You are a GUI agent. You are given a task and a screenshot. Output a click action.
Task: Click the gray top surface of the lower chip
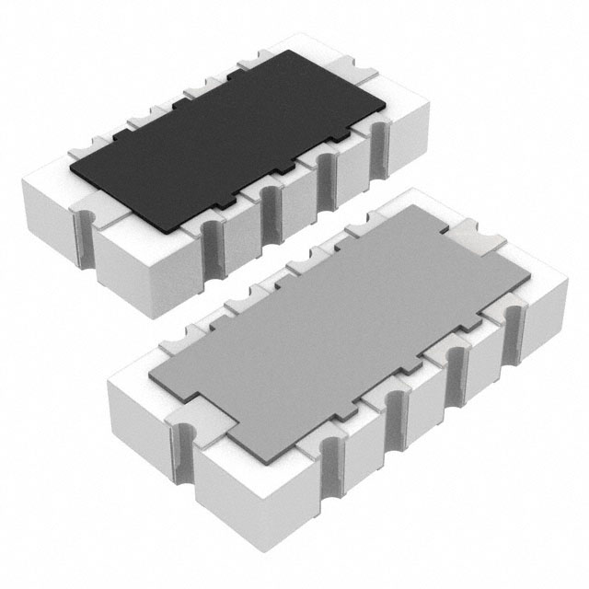pos(341,322)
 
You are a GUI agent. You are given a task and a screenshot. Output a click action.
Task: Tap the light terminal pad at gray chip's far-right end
pos(482,241)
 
